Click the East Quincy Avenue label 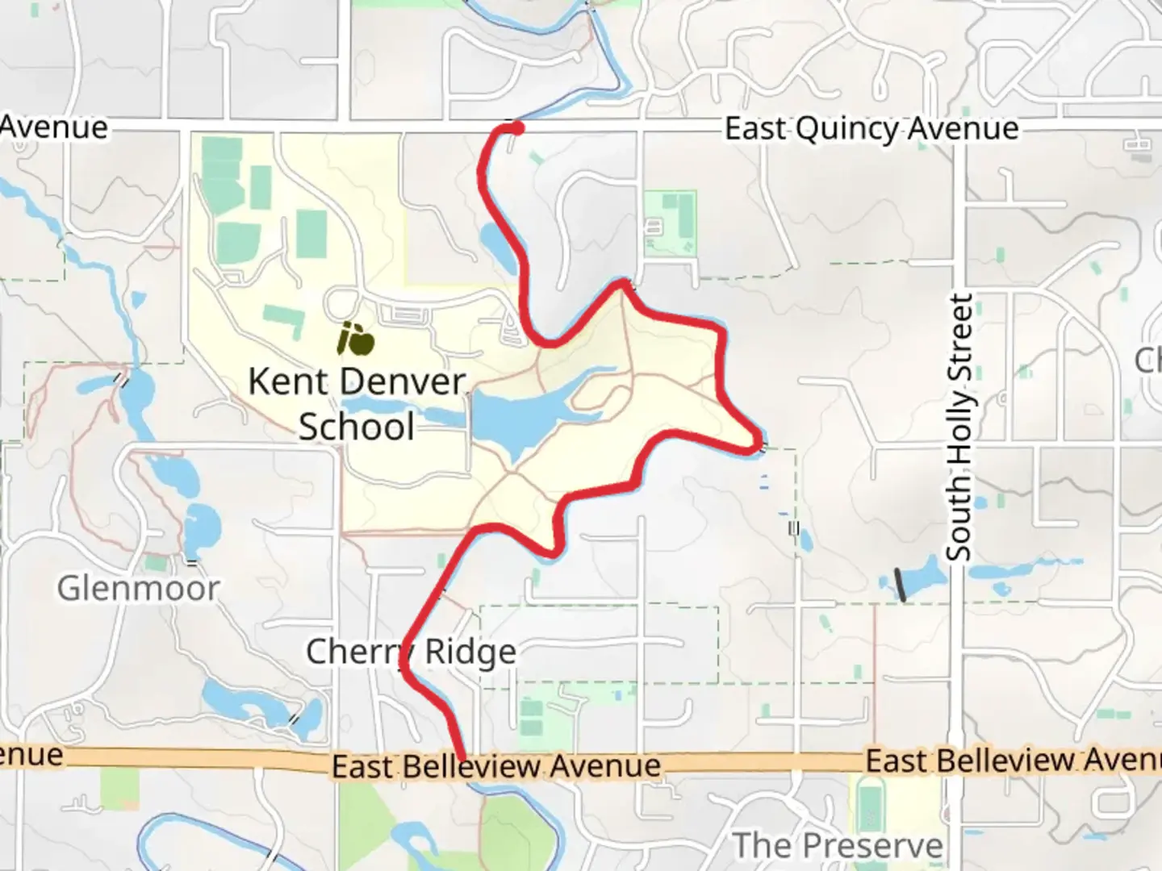[x=871, y=129]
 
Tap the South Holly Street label [x=959, y=427]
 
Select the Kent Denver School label [x=357, y=403]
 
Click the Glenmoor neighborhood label [x=138, y=589]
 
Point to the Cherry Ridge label [x=411, y=652]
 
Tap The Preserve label [x=838, y=845]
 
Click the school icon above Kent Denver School [x=355, y=339]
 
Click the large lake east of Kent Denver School [x=516, y=415]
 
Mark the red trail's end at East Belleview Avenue [x=462, y=756]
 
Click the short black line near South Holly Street [x=901, y=585]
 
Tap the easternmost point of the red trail [x=760, y=444]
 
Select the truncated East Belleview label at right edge [x=1013, y=761]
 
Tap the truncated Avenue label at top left [x=53, y=127]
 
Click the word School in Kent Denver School [x=357, y=427]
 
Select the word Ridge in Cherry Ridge [x=470, y=652]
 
